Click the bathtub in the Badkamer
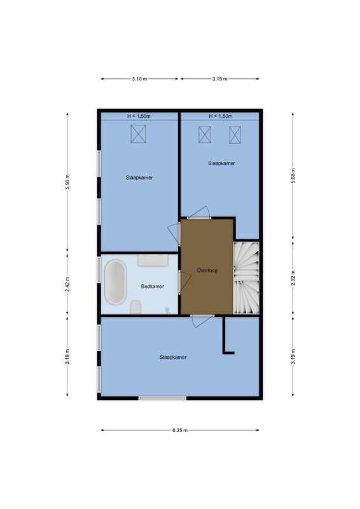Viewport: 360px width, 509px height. pos(115,282)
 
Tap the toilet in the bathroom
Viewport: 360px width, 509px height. pos(135,309)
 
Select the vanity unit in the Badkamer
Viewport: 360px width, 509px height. pos(153,260)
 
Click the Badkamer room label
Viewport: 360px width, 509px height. pos(152,286)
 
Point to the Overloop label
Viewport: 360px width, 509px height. pos(207,270)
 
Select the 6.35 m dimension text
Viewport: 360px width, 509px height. pos(181,430)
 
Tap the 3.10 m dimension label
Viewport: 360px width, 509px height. pos(139,79)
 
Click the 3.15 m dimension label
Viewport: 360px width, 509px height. pos(220,79)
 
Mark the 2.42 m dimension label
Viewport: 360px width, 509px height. pos(67,285)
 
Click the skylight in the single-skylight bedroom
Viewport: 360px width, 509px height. pos(139,134)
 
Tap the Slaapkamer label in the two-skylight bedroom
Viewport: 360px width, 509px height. pos(221,163)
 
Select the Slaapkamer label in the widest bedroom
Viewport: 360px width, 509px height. pos(173,357)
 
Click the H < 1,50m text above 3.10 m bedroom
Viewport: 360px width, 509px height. pos(139,116)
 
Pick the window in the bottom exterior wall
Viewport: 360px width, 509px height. pos(163,398)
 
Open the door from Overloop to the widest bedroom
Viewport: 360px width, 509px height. pos(201,320)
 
